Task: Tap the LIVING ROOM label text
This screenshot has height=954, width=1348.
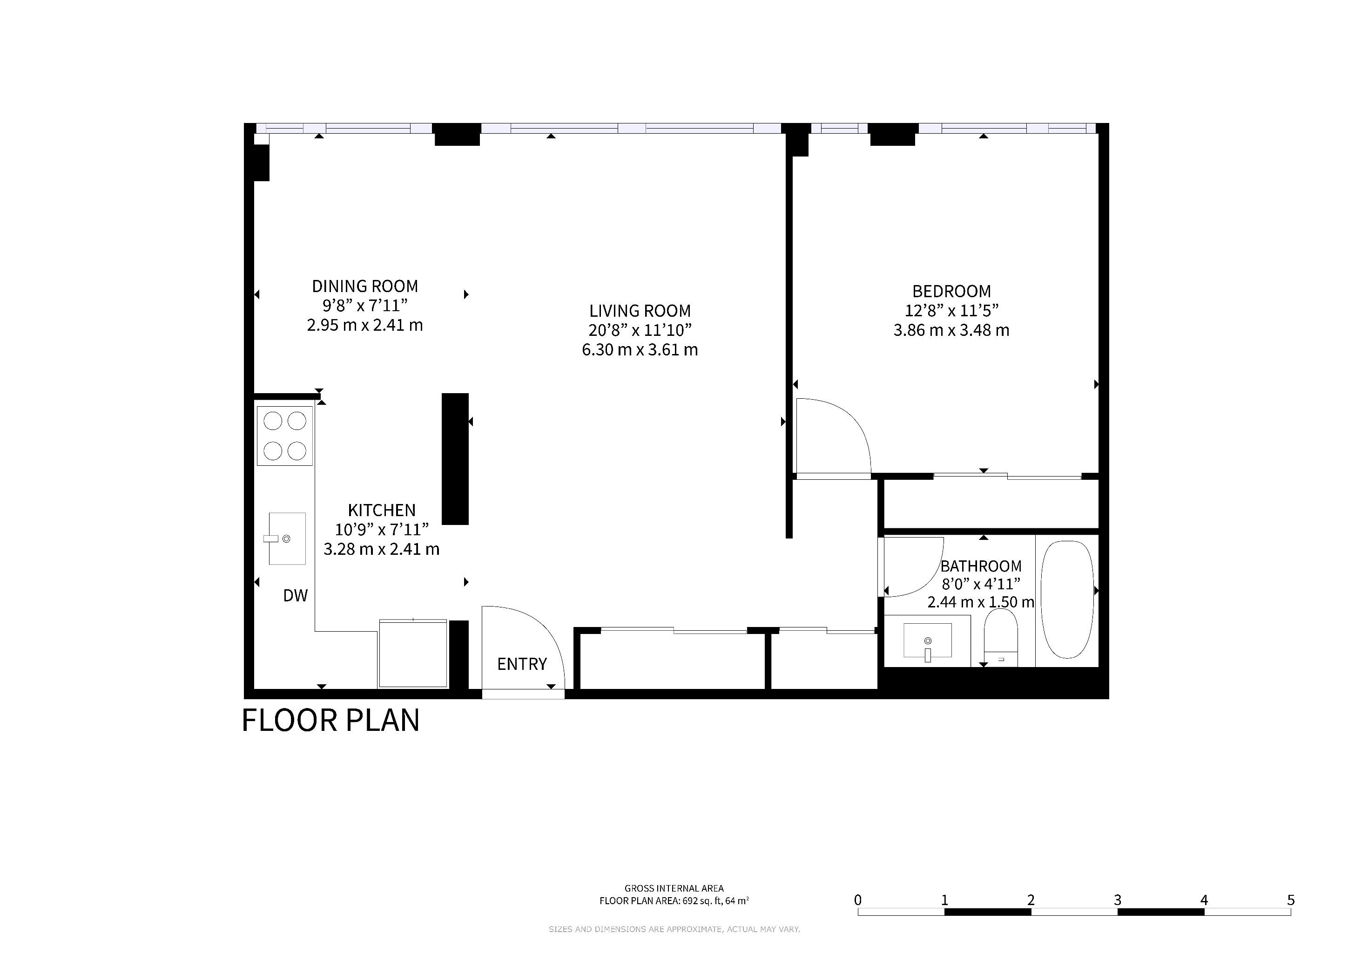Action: pyautogui.click(x=640, y=311)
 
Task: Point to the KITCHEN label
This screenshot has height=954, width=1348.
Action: pyautogui.click(x=382, y=510)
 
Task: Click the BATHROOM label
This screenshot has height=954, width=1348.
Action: pyautogui.click(x=981, y=566)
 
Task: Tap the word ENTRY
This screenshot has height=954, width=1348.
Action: pyautogui.click(x=522, y=664)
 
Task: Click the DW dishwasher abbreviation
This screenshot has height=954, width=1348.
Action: pyautogui.click(x=295, y=596)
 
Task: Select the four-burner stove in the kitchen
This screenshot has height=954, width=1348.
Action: pyautogui.click(x=285, y=436)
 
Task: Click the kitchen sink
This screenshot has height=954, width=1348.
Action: pyautogui.click(x=287, y=538)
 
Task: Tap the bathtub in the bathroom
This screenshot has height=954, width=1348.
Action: pyautogui.click(x=1067, y=599)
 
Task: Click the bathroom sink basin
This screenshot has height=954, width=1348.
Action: pyautogui.click(x=928, y=641)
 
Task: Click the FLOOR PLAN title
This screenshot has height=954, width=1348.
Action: pyautogui.click(x=330, y=720)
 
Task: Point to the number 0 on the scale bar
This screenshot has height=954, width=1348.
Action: pyautogui.click(x=858, y=900)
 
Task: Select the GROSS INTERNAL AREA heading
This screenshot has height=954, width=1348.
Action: pyautogui.click(x=674, y=889)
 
